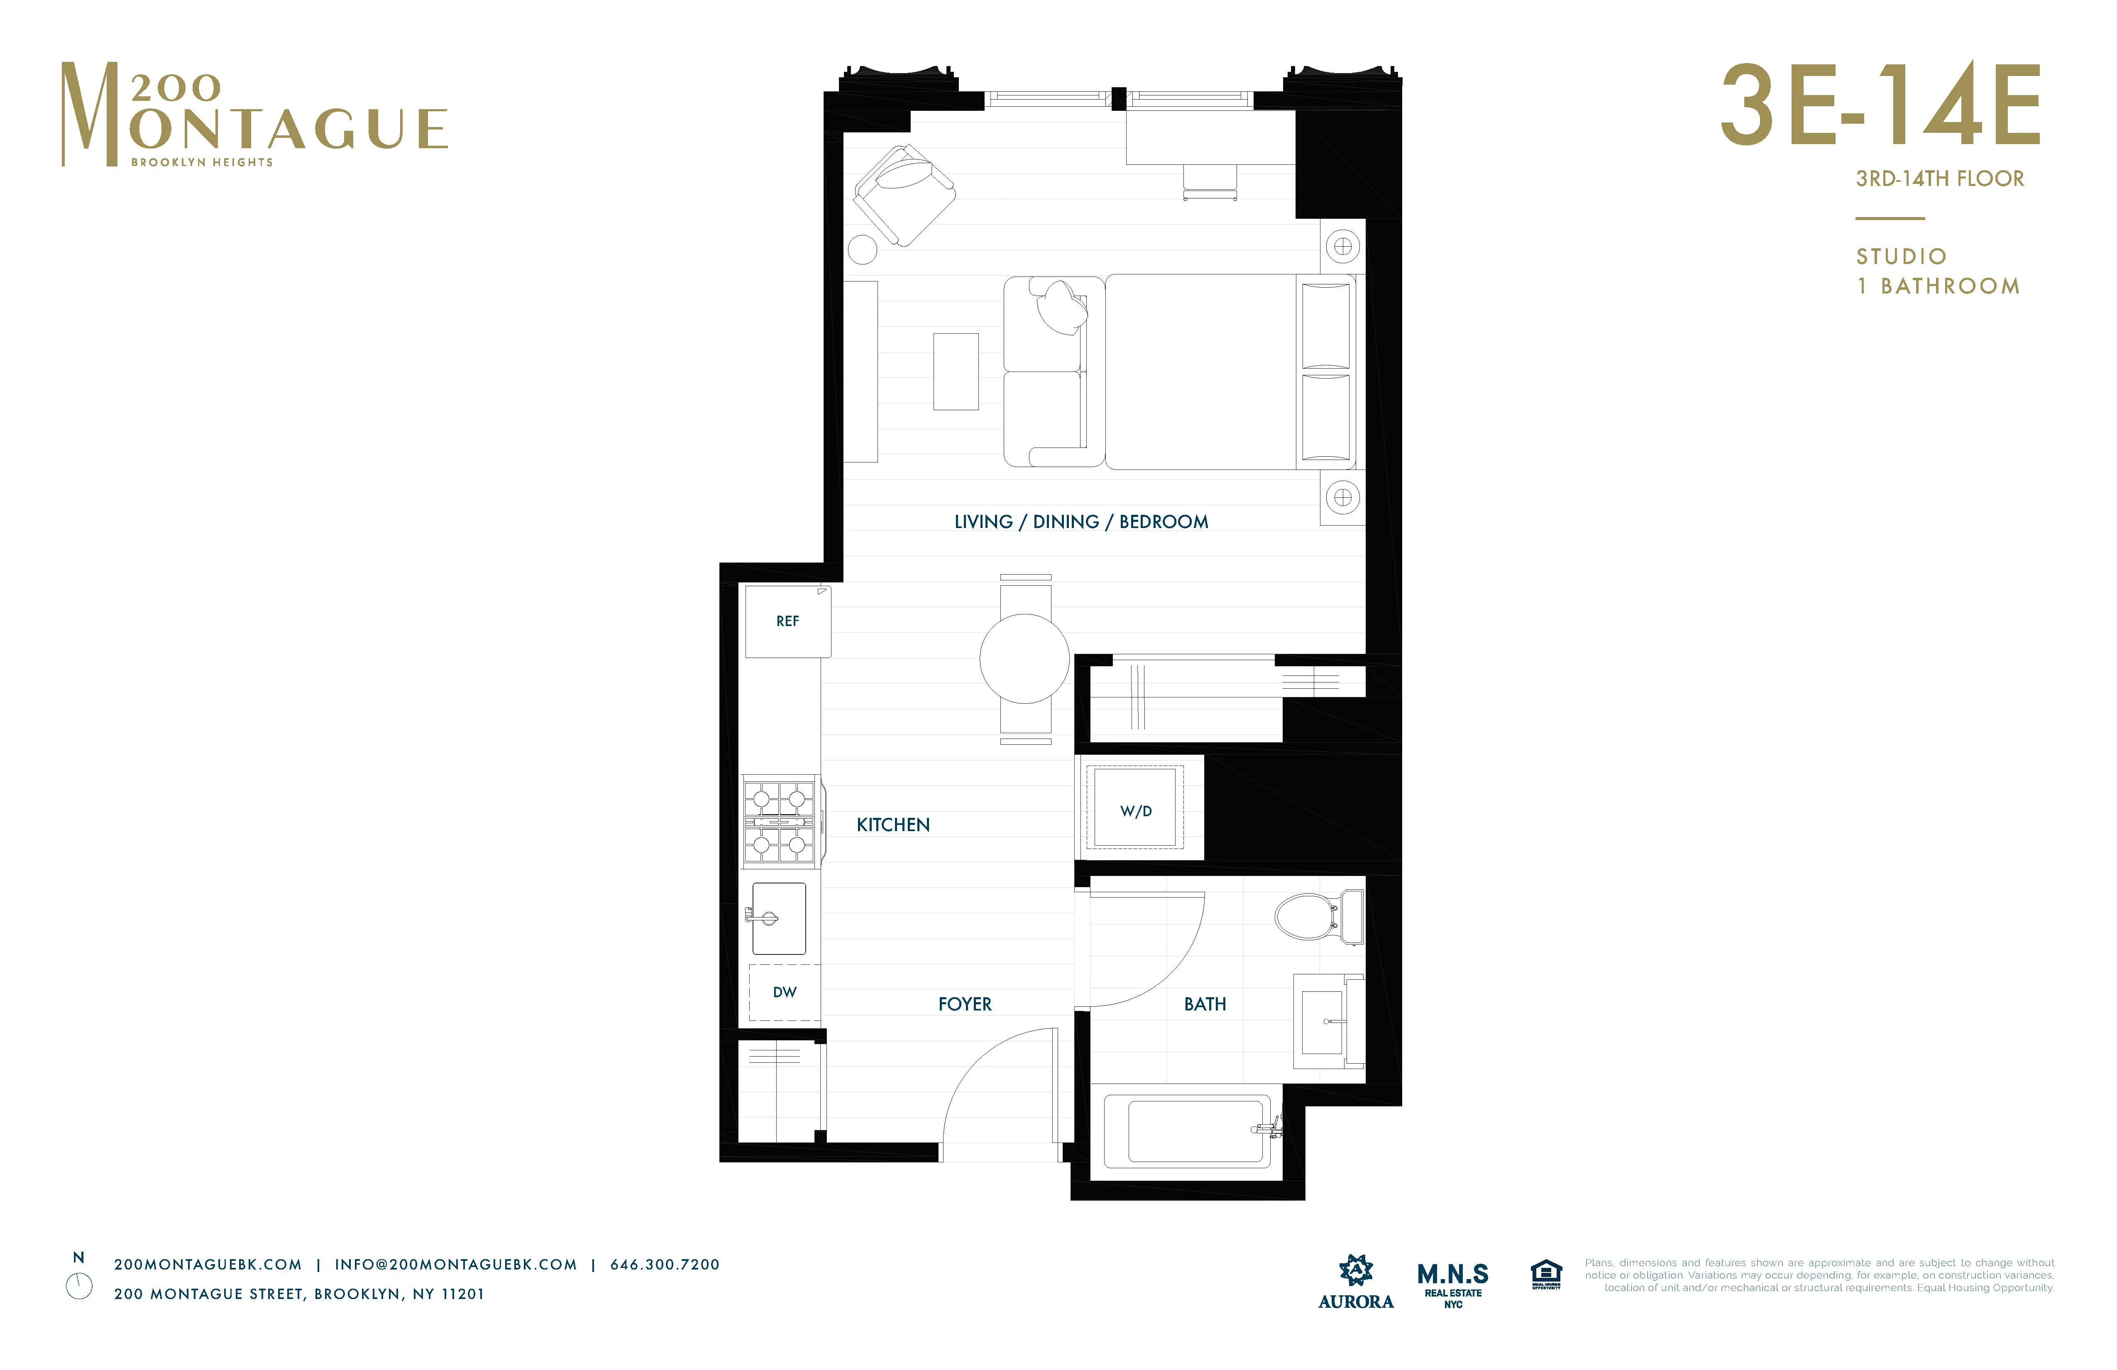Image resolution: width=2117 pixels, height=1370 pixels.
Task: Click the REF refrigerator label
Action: click(787, 621)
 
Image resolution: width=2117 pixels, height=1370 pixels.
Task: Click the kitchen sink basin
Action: click(779, 918)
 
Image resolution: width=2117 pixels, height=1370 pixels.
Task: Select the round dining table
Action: click(1025, 658)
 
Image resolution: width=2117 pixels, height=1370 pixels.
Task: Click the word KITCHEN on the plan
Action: click(893, 824)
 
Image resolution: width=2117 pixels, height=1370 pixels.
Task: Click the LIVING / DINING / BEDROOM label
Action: click(1081, 521)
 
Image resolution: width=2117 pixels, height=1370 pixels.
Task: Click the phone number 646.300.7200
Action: click(665, 1264)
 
